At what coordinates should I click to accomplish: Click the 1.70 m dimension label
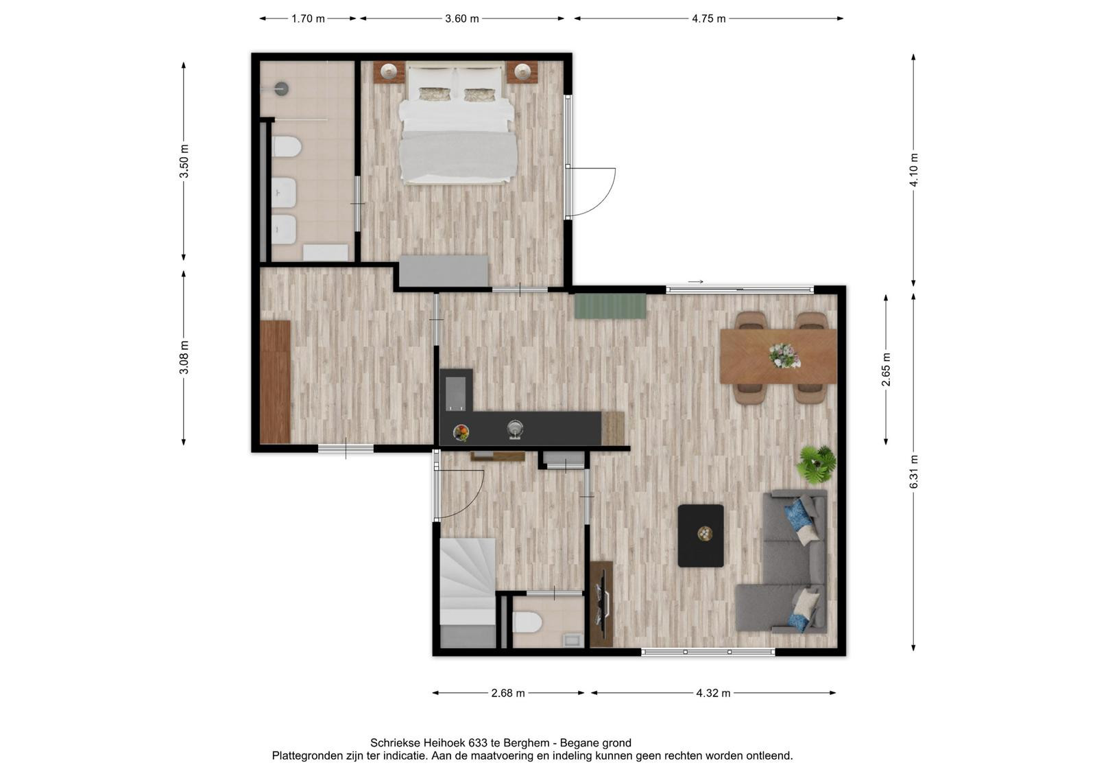coord(308,19)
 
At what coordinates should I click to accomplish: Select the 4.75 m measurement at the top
coord(709,19)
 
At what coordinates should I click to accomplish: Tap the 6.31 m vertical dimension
coord(914,471)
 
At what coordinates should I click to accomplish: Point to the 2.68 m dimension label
coord(508,693)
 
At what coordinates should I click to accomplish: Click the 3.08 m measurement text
coord(184,357)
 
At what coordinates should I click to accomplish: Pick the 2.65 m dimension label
coord(886,369)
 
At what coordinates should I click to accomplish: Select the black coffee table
coord(701,536)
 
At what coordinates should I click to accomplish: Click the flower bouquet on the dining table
coord(784,355)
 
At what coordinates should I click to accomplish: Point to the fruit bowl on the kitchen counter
coord(461,433)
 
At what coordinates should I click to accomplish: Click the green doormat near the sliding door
coord(610,306)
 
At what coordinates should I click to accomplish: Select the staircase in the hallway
coord(468,593)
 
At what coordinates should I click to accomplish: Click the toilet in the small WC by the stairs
coord(527,623)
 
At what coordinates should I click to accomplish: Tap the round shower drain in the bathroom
coord(282,89)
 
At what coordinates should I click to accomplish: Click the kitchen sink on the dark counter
coord(515,430)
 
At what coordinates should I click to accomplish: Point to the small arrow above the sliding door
coord(696,282)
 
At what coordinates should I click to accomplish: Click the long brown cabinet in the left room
coord(275,382)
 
